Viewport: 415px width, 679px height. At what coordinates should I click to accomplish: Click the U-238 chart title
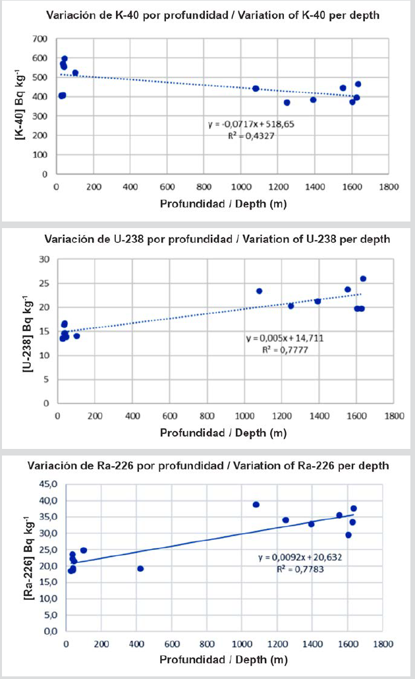click(216, 239)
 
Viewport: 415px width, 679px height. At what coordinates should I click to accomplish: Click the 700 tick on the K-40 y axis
click(41, 40)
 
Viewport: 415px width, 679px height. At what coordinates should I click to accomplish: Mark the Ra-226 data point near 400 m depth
click(140, 568)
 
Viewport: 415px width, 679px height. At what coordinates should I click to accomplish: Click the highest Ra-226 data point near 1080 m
click(256, 504)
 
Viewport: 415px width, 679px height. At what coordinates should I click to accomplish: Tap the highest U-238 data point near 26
click(363, 279)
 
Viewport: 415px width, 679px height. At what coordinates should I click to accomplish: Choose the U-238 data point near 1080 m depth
click(259, 291)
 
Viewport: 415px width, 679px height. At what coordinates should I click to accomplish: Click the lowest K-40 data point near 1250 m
click(287, 102)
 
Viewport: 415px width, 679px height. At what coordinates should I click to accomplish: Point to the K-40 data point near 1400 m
click(314, 100)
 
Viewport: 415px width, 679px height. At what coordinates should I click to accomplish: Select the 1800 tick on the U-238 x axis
click(394, 416)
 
